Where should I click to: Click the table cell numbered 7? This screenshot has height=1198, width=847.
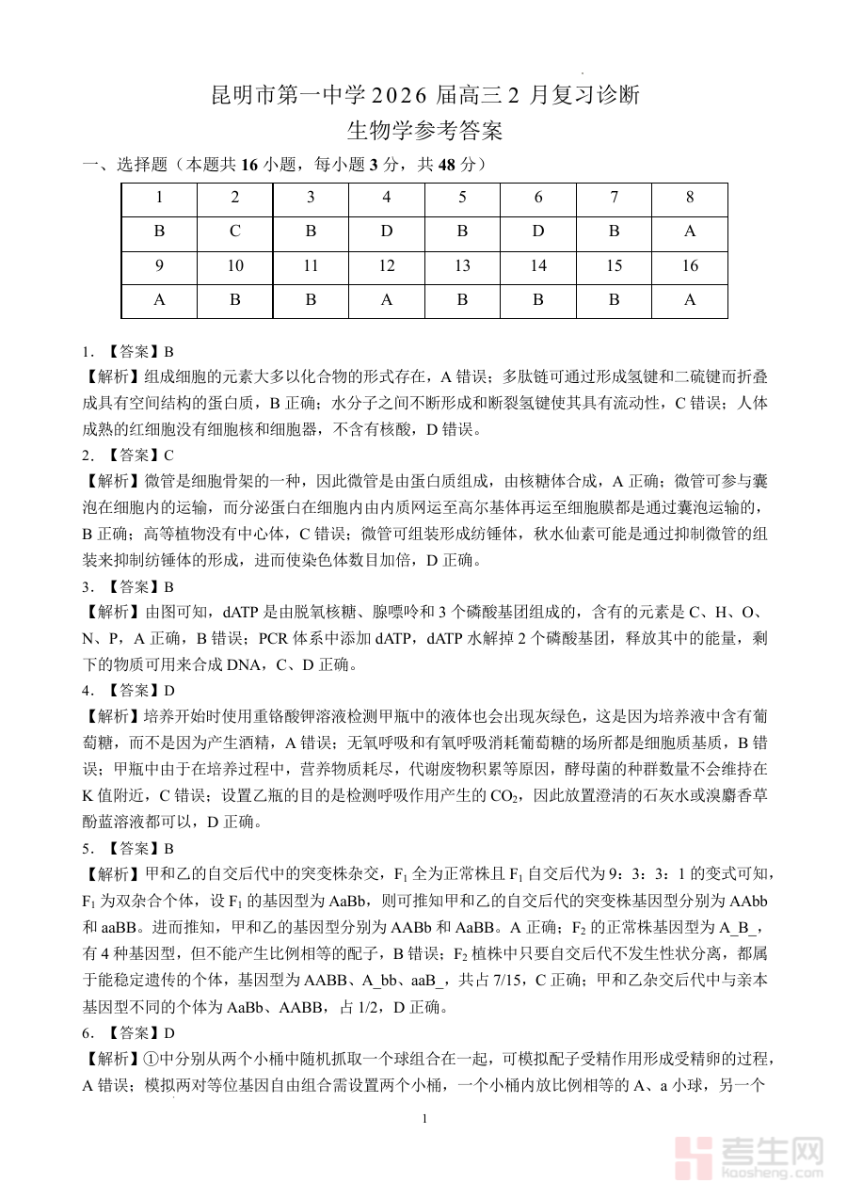[614, 198]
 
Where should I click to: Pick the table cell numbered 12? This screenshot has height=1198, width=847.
[387, 266]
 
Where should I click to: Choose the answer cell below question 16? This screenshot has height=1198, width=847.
[690, 300]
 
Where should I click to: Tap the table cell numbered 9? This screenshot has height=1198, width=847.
[159, 266]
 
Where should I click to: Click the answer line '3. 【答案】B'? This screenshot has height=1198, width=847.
[128, 586]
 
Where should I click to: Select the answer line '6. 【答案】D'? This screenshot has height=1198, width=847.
[128, 1033]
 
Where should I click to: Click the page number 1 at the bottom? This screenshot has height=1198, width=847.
[425, 1119]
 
